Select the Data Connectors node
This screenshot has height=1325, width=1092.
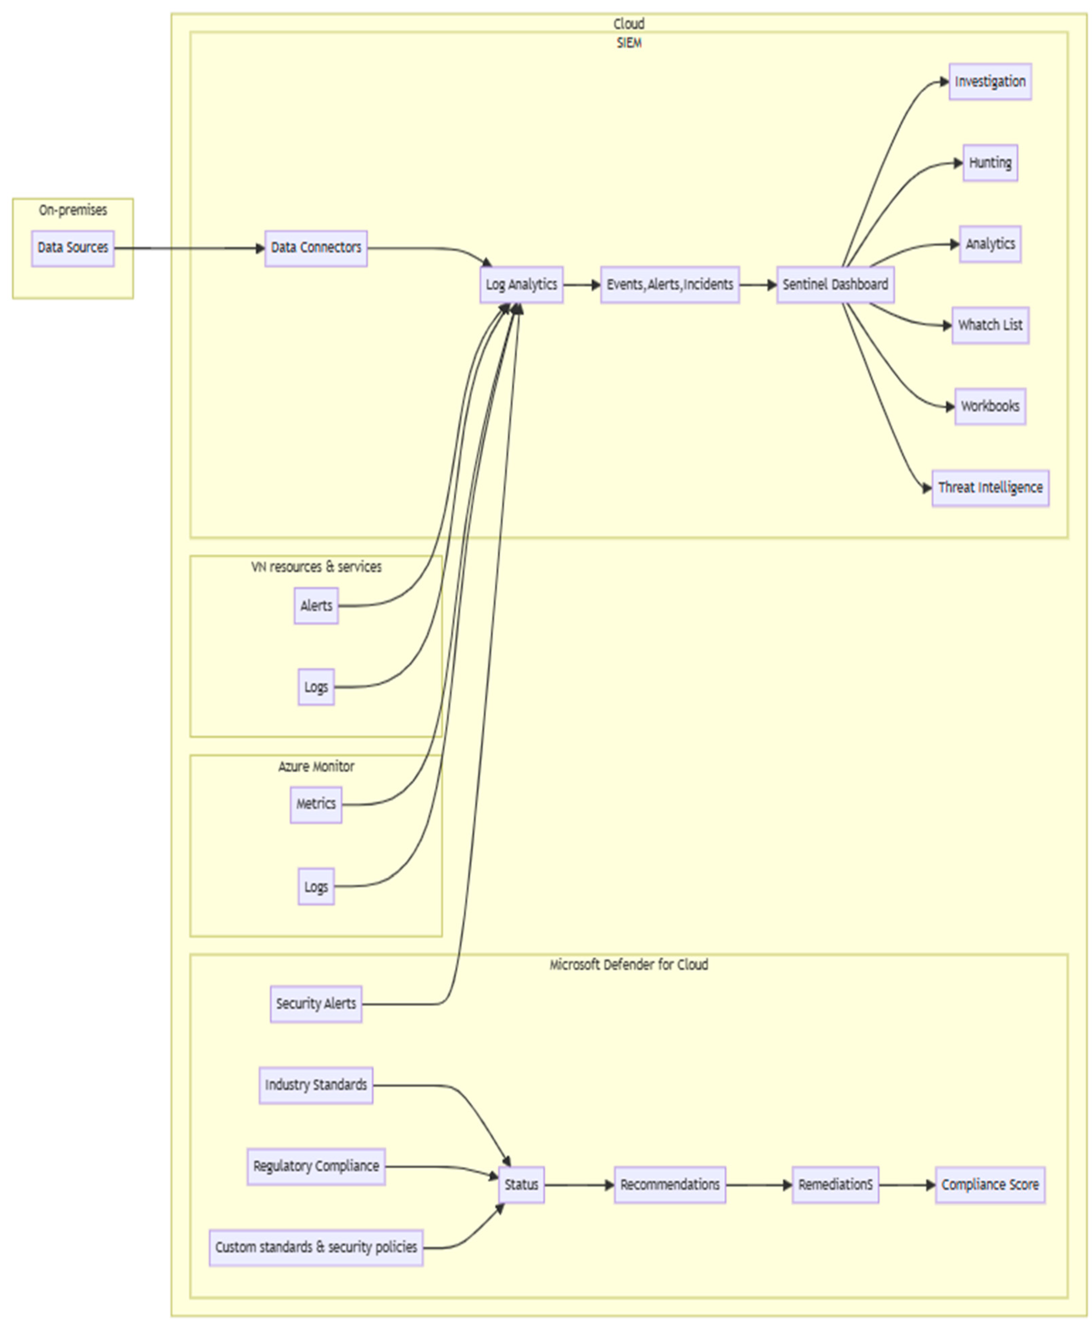[316, 248]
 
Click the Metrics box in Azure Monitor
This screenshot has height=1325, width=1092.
[316, 804]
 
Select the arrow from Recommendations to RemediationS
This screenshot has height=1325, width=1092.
[758, 1185]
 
